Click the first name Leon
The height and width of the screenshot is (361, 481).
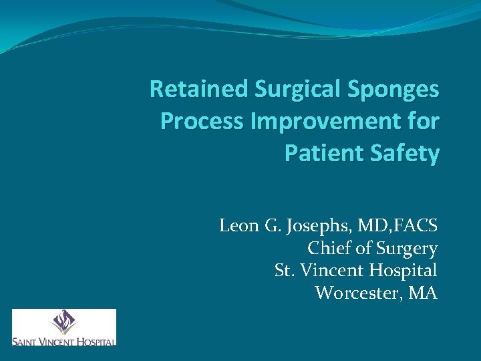[x=238, y=226]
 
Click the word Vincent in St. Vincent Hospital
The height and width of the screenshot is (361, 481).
[x=328, y=271]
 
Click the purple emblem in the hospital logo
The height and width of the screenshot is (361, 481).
[x=64, y=322]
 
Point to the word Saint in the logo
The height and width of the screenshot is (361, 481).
[x=25, y=341]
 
